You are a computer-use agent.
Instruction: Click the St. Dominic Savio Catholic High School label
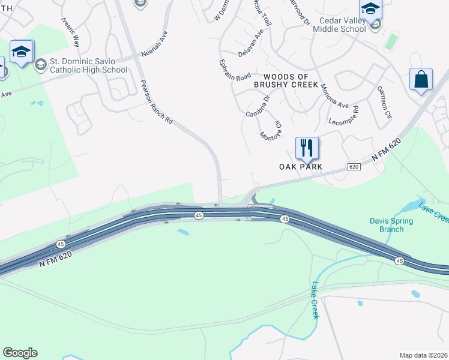tap(88, 65)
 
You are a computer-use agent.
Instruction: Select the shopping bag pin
tap(421, 80)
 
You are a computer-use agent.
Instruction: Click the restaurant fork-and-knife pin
tap(307, 148)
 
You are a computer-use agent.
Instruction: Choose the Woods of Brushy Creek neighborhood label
tap(286, 80)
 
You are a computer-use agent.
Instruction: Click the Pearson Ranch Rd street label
tap(156, 102)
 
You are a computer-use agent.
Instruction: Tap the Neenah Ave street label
tap(155, 44)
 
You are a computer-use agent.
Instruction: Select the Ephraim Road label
tap(235, 70)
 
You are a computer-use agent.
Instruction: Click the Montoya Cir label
tap(271, 129)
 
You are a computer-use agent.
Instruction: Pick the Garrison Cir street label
tap(384, 101)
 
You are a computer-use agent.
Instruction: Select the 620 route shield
tap(353, 166)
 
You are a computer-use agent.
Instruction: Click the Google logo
tap(20, 353)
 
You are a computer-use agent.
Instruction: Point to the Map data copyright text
tap(423, 355)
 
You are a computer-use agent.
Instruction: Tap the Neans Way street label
tap(70, 32)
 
